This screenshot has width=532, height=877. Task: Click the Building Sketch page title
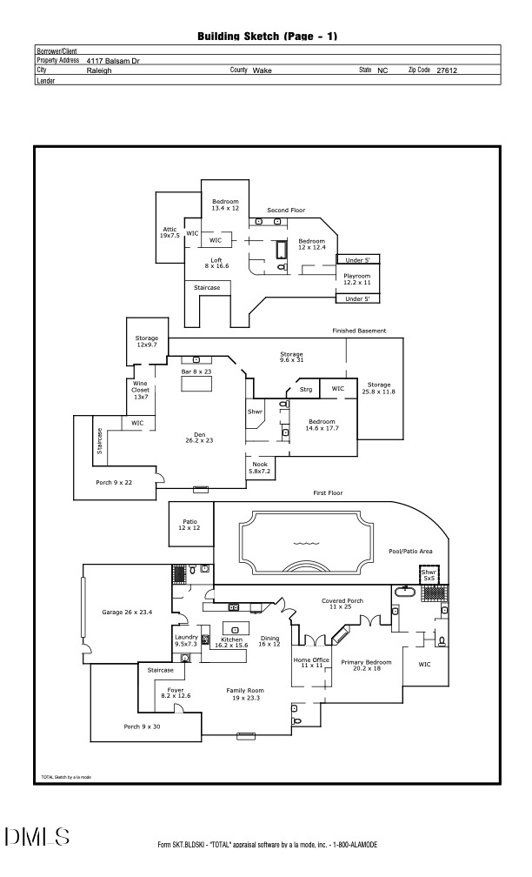pos(267,37)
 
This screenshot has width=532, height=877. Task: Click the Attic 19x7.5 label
pos(170,232)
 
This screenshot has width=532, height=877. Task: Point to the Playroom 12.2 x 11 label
pos(356,279)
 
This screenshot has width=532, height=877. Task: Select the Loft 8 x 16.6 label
pos(216,263)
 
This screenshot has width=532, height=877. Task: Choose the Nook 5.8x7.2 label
pos(259,468)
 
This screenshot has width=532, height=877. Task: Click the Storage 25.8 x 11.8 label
pos(379,389)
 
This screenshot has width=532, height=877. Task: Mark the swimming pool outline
pos(304,545)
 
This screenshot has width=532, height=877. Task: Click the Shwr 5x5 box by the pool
pos(429,575)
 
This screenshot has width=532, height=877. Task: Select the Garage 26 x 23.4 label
pos(128,613)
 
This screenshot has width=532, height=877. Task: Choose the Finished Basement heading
pos(359,331)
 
